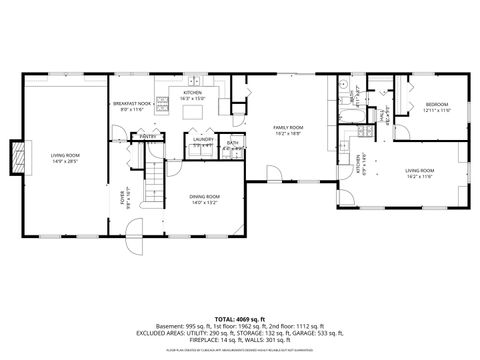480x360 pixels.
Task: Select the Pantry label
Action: click(146, 136)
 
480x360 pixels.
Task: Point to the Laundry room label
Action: click(204, 140)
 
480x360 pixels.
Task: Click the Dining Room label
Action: click(204, 196)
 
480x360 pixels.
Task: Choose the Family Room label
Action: click(289, 128)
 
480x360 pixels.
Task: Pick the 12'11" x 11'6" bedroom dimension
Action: click(438, 110)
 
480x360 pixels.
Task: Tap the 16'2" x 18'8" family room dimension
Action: click(289, 134)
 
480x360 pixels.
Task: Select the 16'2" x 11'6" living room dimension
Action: click(418, 177)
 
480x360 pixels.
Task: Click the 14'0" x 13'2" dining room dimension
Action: click(204, 202)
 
